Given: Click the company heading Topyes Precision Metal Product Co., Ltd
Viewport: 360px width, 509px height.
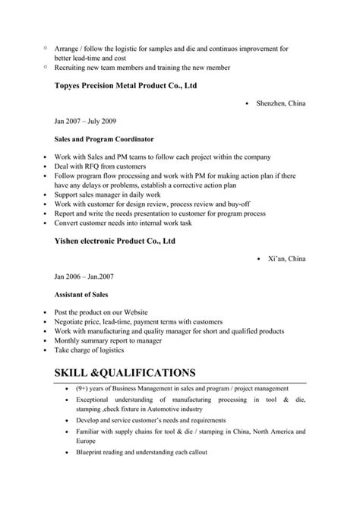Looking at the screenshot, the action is tap(126, 86).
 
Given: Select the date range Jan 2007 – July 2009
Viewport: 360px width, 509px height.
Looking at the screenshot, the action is tap(85, 122).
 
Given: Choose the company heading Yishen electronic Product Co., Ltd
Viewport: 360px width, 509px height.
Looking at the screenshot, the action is tap(115, 241).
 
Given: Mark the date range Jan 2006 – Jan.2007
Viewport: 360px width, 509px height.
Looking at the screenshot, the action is tap(83, 276).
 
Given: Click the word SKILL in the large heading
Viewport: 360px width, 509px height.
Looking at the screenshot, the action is tap(78, 372).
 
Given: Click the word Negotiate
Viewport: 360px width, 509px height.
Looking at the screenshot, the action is tap(71, 321).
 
